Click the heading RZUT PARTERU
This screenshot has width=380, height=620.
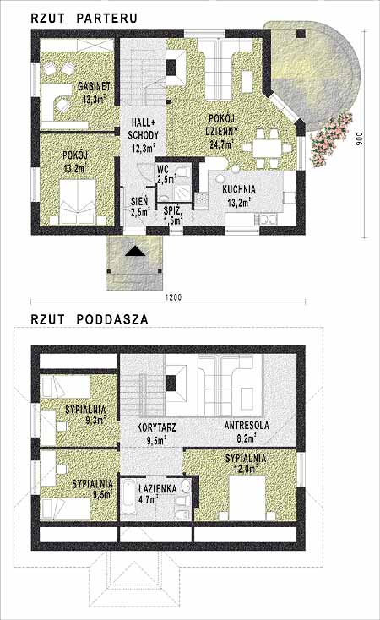[x=84, y=18]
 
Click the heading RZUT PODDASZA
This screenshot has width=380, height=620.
[x=90, y=319]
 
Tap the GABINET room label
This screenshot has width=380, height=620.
[x=94, y=86]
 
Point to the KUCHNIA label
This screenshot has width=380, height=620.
[x=239, y=189]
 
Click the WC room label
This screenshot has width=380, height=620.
[x=163, y=170]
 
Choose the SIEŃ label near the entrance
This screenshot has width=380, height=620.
[x=139, y=201]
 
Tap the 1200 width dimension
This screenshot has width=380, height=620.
[x=173, y=297]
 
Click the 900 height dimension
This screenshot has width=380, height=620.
[x=359, y=139]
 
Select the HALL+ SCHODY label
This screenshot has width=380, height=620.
[x=144, y=129]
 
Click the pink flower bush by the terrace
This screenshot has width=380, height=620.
[x=331, y=139]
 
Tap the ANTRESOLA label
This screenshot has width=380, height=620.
[x=247, y=426]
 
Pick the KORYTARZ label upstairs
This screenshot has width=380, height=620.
[x=156, y=427]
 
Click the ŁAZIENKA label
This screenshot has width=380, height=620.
[x=157, y=489]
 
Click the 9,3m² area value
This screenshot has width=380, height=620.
[x=96, y=420]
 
